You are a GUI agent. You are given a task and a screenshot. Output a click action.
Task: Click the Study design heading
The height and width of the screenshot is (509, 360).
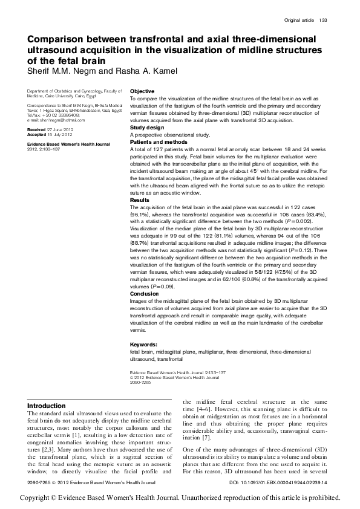[x=146, y=128]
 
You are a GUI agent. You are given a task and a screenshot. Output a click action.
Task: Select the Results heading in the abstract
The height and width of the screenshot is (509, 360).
[x=140, y=199]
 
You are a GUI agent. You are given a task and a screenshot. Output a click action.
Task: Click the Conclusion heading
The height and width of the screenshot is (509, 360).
[x=145, y=294]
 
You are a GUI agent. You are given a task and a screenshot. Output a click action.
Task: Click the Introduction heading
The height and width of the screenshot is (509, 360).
[x=47, y=406]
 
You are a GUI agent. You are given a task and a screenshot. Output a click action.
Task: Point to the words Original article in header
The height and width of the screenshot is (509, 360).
[x=299, y=20]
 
